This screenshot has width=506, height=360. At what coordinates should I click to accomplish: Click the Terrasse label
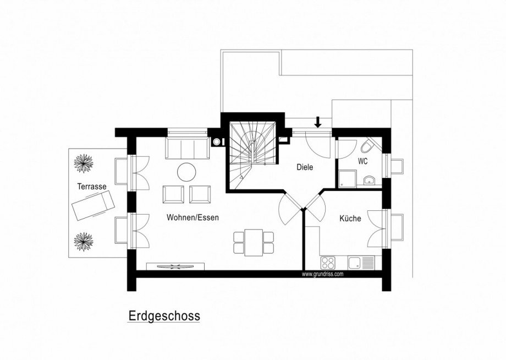[92, 187]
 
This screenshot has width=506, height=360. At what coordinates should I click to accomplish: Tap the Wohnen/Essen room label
[193, 218]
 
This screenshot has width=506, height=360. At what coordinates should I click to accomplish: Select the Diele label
[305, 167]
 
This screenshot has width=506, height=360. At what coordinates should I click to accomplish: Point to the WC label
[363, 162]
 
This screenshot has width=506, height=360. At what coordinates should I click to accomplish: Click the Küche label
[350, 219]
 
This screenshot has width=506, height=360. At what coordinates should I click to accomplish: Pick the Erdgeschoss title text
[164, 317]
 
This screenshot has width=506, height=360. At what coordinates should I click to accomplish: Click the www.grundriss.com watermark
[322, 274]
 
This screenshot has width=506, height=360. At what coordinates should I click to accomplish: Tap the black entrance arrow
[317, 122]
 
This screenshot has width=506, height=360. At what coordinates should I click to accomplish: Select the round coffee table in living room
[186, 172]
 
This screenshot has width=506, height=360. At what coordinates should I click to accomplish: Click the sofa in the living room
[186, 148]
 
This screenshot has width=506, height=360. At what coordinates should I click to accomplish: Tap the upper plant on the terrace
[84, 162]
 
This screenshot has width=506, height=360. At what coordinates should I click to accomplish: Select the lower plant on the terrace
[84, 240]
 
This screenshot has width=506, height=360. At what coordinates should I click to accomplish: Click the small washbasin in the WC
[368, 179]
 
